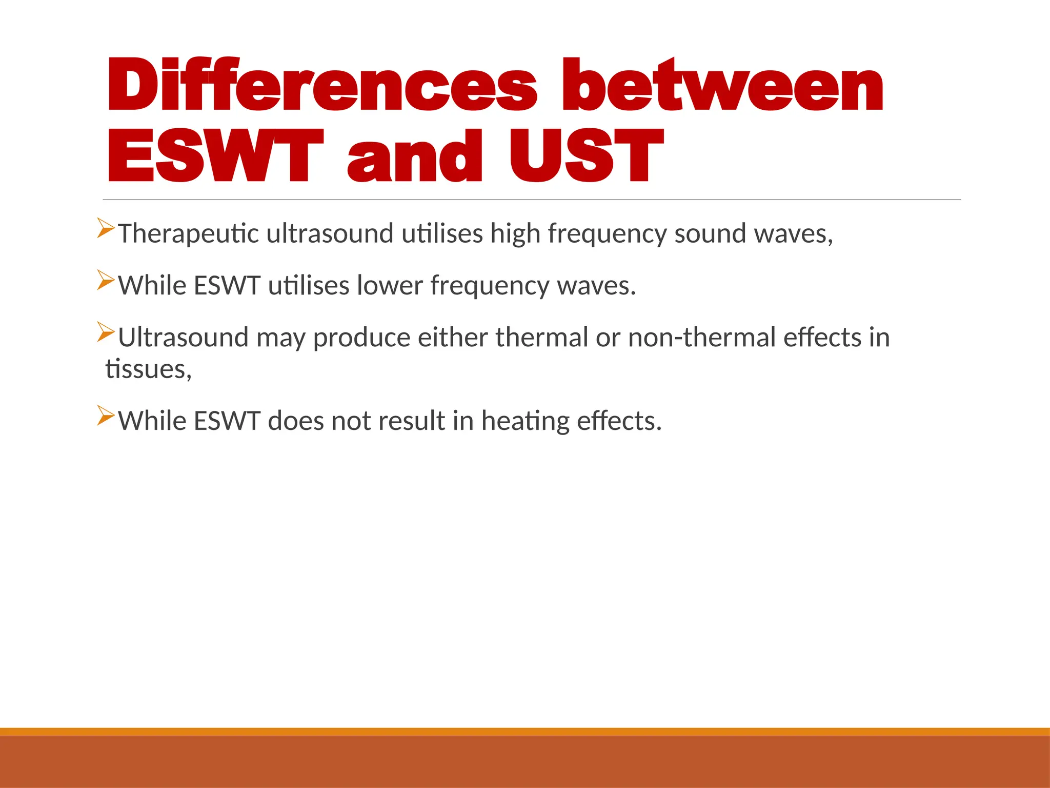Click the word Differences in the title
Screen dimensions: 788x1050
tap(322, 85)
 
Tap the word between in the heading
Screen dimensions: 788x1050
tap(722, 85)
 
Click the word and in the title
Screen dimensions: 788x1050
tap(415, 156)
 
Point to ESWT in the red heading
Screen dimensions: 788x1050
tap(215, 156)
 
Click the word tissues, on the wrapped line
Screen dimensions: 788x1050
tap(148, 369)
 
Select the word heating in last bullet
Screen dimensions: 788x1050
tap(525, 421)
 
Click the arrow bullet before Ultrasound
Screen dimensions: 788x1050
tap(105, 332)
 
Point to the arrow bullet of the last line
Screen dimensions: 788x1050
tap(105, 415)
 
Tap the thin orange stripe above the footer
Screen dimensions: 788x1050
tap(525, 732)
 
